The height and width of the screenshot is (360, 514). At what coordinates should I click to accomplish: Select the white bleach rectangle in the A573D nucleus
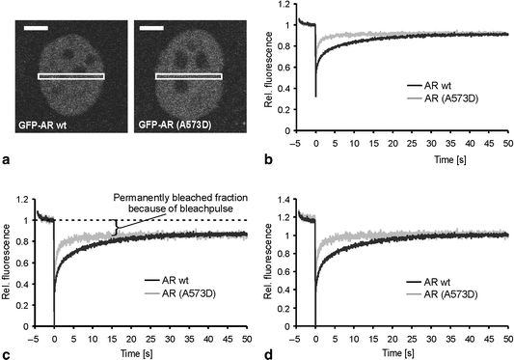click(x=189, y=75)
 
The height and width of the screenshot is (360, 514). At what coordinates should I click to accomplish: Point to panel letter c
click(x=7, y=354)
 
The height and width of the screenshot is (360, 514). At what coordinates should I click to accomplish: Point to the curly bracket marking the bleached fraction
click(x=118, y=228)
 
